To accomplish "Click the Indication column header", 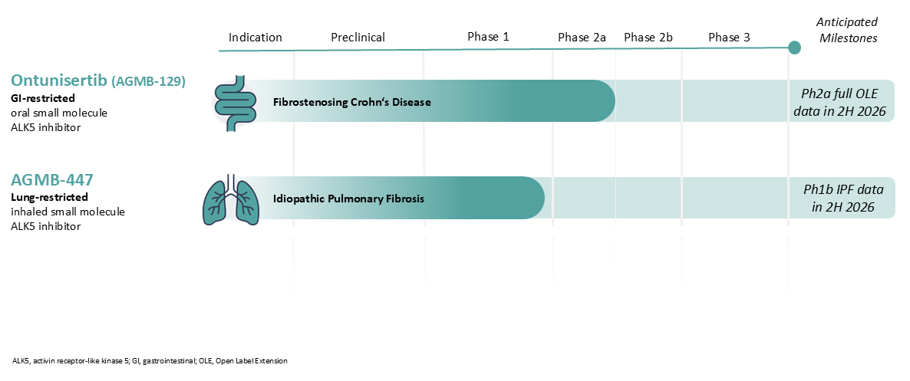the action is [x=256, y=38].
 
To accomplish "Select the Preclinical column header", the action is [x=358, y=38].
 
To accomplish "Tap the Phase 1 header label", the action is [x=488, y=37].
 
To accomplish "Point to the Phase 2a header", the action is [x=582, y=38].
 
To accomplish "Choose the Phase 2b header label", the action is [x=648, y=38].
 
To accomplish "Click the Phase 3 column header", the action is [x=729, y=38].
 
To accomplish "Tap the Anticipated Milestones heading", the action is [x=847, y=30].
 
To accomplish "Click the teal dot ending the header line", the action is [x=794, y=48].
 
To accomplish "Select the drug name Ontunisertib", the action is [x=58, y=80].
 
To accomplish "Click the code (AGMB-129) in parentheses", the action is [x=149, y=82].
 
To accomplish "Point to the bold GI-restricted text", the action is [x=43, y=99].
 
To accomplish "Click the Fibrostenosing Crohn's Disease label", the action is [x=352, y=103].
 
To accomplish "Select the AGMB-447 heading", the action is [x=52, y=179].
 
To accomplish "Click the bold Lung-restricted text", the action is [x=49, y=197].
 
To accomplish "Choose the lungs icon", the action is [x=227, y=199].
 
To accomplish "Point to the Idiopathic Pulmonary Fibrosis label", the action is [x=349, y=199].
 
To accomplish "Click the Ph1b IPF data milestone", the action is [x=843, y=199].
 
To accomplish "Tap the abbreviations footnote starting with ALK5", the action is [x=150, y=361].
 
